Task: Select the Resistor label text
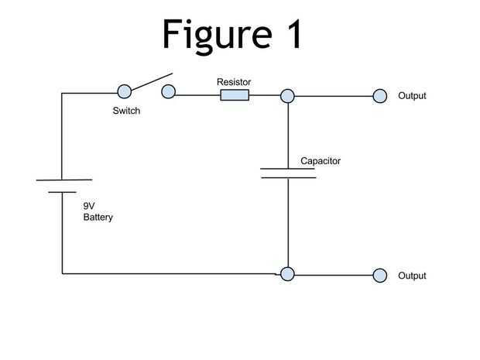235,81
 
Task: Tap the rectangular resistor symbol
235,95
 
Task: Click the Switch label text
126,111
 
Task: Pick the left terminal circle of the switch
123,92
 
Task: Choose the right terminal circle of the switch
169,92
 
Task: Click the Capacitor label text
321,162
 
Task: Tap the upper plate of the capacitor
288,169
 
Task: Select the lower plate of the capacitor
288,178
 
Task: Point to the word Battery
98,218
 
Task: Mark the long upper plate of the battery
63,180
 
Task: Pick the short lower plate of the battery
63,192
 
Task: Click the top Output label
412,96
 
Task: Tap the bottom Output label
412,276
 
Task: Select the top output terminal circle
379,96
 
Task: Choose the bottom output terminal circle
379,275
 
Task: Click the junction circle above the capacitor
287,96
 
